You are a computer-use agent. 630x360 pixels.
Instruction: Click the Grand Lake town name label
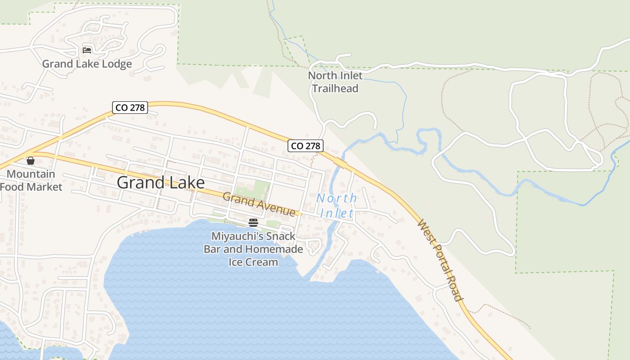(161, 182)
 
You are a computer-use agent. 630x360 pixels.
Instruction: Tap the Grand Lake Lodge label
(87, 64)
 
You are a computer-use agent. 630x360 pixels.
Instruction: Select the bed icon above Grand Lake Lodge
(87, 50)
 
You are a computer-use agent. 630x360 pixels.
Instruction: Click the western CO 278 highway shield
(130, 108)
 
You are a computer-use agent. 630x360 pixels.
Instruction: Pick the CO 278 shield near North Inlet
(306, 145)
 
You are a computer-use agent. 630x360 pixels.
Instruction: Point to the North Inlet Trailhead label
(335, 82)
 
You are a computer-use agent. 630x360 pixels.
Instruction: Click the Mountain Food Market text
(31, 180)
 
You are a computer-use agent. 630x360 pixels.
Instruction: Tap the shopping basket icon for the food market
(31, 161)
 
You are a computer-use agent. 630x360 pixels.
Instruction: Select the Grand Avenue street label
(259, 204)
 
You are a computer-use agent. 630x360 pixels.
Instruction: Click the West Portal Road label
(440, 260)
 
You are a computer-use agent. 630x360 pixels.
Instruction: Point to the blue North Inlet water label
(337, 205)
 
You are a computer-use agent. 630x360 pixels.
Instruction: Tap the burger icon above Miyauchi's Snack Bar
(253, 222)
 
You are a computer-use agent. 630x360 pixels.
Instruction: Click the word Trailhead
(335, 88)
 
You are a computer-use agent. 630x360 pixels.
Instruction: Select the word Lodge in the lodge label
(117, 64)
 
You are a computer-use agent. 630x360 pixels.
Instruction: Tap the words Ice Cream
(253, 262)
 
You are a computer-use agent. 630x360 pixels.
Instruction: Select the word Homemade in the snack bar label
(274, 249)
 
